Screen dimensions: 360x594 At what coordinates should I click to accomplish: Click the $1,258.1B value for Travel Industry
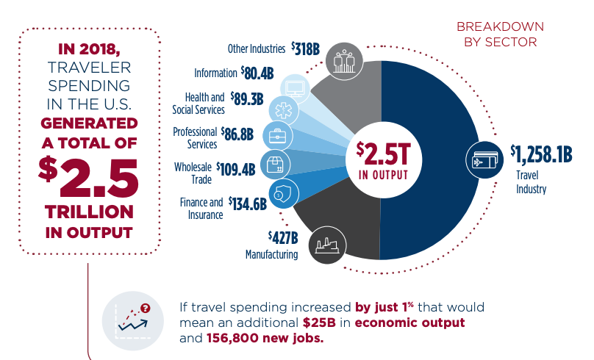tap(542, 154)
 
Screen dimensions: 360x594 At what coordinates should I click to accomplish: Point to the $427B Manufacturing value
tap(283, 237)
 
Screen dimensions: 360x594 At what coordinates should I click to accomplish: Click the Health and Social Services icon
tap(284, 110)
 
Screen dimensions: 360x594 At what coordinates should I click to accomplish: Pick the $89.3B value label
tap(246, 99)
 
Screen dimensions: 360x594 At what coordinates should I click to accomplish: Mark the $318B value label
tap(305, 49)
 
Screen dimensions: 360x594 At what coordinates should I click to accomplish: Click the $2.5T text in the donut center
tap(381, 152)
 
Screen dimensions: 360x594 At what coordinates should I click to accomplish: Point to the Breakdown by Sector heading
tap(496, 34)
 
